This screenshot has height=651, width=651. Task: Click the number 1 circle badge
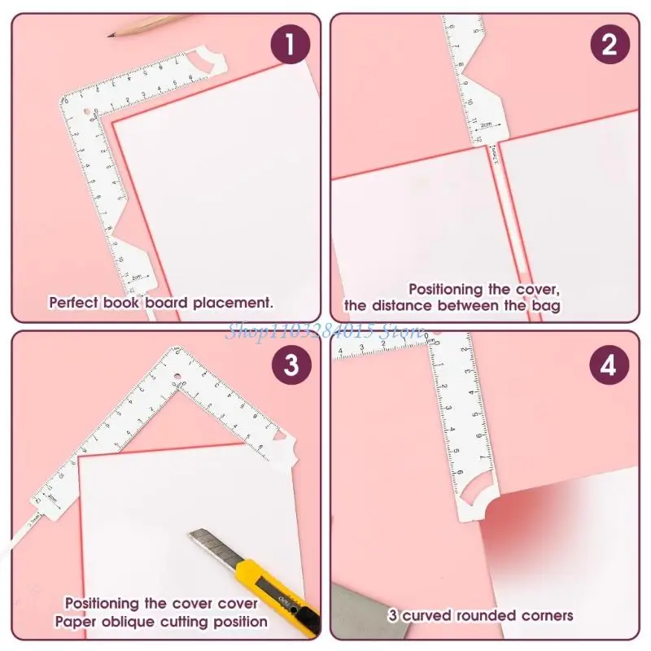tap(291, 46)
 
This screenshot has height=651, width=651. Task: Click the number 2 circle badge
tap(609, 46)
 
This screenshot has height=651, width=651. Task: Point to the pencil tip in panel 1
tap(112, 34)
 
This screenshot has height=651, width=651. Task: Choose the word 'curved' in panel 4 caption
tap(429, 615)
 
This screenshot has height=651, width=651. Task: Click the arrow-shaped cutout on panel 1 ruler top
tap(207, 61)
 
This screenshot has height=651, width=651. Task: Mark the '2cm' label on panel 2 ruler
tap(485, 125)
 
